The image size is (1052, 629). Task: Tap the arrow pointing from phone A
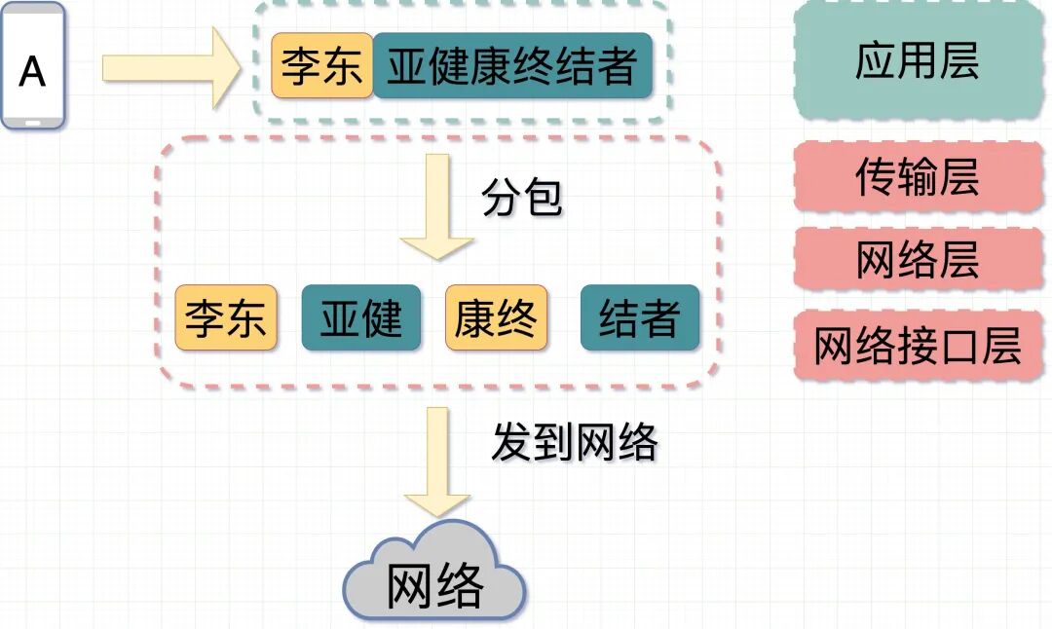point(170,68)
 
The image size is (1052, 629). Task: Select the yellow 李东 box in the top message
point(321,66)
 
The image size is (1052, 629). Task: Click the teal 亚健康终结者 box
point(512,66)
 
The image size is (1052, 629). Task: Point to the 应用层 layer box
point(917,61)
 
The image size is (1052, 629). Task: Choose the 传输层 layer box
point(917,177)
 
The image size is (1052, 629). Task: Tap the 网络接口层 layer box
point(917,346)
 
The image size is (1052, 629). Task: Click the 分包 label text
point(522,199)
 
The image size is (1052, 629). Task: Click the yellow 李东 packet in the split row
point(226,318)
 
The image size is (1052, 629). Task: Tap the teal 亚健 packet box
point(361,318)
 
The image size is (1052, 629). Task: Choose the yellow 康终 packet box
point(496,318)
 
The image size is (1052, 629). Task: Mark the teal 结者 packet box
point(639,318)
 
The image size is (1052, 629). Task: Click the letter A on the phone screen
point(32,71)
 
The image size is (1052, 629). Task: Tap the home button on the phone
point(33,122)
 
